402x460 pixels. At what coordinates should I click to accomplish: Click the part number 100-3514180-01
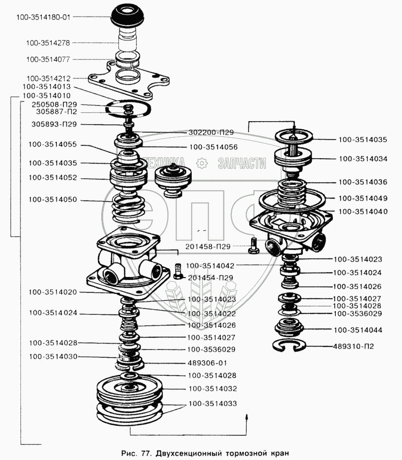(43, 17)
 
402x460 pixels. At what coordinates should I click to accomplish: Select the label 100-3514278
(48, 43)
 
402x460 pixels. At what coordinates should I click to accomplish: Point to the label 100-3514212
(49, 78)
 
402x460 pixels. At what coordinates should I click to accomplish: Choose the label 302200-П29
(211, 132)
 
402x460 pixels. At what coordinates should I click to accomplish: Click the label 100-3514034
(363, 158)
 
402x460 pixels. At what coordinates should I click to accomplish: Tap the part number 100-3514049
(363, 198)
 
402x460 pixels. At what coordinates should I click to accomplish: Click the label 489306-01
(207, 363)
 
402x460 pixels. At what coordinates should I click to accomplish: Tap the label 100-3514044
(358, 330)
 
